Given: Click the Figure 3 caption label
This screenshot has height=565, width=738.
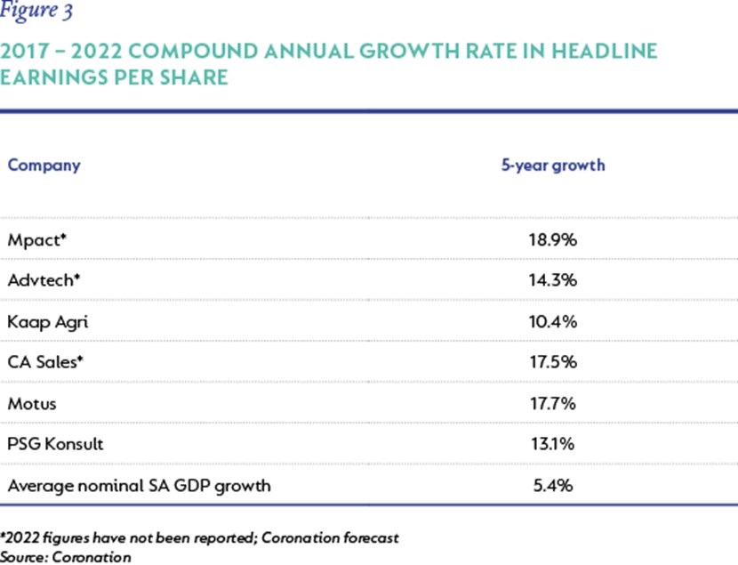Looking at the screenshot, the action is coord(36,11).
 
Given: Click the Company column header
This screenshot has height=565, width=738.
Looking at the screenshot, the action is coord(44,165).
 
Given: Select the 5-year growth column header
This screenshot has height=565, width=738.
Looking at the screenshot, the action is coord(553,165).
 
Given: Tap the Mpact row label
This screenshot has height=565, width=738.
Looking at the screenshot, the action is coord(37,240).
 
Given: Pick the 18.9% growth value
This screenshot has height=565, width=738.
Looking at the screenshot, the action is coord(553,240).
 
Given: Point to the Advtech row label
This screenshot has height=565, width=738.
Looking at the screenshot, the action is coord(44,280).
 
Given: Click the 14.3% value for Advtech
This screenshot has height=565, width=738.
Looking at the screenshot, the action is coord(553,280).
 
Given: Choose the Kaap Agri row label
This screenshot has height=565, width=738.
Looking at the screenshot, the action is coord(48,322).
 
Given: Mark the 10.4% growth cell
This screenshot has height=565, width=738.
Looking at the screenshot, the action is coord(553,322).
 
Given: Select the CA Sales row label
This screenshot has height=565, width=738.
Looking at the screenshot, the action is coord(45,362).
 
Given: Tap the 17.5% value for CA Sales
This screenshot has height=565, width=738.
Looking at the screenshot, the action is coord(553,362).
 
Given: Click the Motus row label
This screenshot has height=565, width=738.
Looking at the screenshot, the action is coord(32,404).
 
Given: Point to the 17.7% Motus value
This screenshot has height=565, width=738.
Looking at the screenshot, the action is coord(553,404).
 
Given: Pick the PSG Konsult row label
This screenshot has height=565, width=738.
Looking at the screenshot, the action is coord(55,444).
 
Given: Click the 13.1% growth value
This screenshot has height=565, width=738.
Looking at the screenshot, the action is coord(553,444).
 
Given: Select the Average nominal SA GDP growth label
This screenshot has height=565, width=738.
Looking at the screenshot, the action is coord(140,487).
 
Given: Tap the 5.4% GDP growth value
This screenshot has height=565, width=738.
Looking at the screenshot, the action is coord(553,486).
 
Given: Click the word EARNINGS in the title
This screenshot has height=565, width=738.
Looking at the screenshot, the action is coord(54,77).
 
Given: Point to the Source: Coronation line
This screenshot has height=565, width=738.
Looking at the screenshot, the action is coord(66,557).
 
